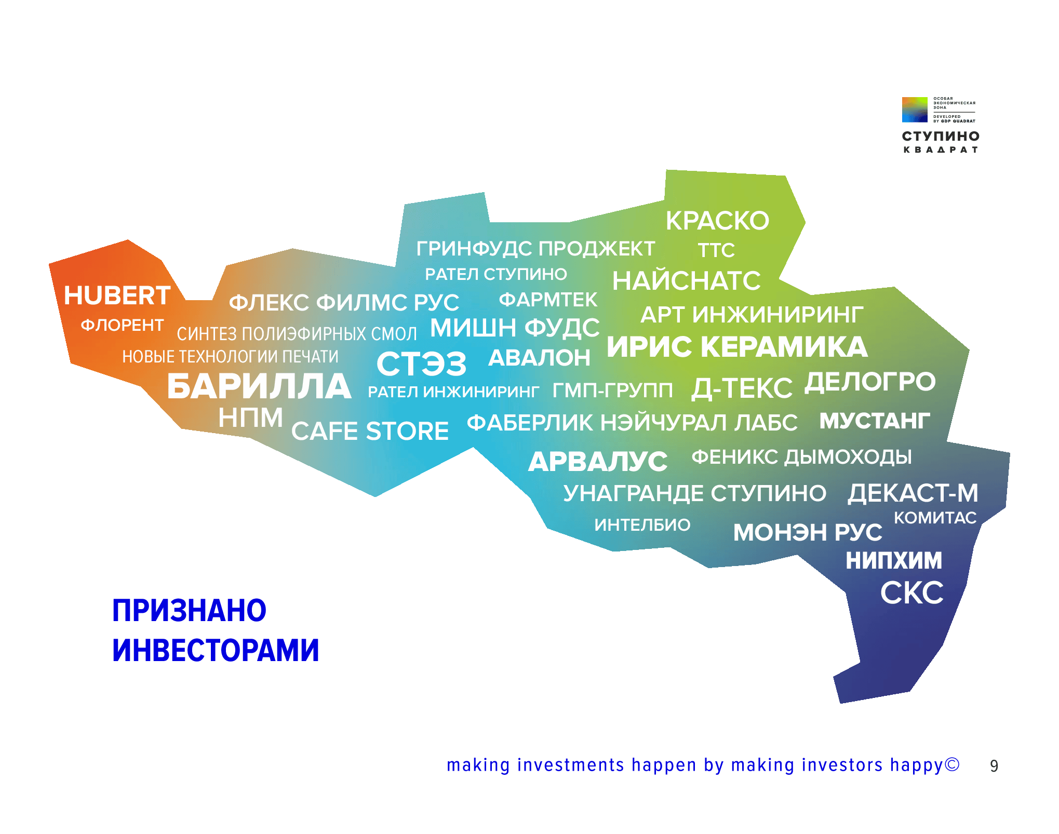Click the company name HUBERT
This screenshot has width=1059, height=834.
point(117,295)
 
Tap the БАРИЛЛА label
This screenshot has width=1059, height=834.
point(259,386)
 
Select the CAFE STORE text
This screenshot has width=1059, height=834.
point(370,431)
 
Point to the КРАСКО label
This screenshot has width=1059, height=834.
point(717,221)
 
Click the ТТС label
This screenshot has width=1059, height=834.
point(716,250)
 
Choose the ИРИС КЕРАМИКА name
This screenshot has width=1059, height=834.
point(737,346)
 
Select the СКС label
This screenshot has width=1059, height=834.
point(911,593)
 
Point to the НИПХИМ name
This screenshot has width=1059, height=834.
point(893,560)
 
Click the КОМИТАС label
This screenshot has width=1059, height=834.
point(935,518)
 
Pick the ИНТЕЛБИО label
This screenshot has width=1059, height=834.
point(642,525)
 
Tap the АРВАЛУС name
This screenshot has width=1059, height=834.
point(598,461)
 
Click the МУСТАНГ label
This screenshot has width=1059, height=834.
point(875,421)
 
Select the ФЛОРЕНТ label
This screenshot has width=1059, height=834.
point(122,325)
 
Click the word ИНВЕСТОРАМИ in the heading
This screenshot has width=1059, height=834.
point(216,650)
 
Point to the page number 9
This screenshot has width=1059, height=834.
point(994,766)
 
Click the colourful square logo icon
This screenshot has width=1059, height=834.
point(915,110)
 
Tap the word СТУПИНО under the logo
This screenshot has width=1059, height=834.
point(941,136)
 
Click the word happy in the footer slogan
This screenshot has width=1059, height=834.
point(917,766)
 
